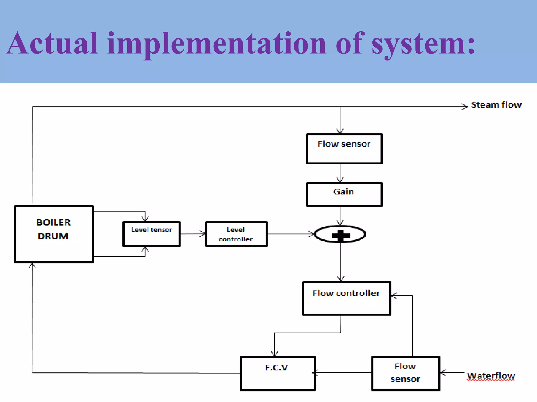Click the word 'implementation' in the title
tap(217, 43)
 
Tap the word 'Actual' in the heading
tap(52, 43)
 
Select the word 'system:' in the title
tap(423, 43)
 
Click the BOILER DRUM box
tap(54, 234)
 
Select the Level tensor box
tap(152, 234)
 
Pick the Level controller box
tap(236, 234)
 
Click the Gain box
tap(344, 194)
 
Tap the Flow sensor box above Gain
tap(344, 149)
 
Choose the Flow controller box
tap(347, 298)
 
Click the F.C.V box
tap(278, 373)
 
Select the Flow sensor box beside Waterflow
tap(406, 373)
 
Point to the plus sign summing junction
tap(340, 234)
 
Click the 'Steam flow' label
tap(496, 105)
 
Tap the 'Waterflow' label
tap(491, 376)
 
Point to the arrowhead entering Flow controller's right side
tap(394, 296)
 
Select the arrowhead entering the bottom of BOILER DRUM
tap(32, 265)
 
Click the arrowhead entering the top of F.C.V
tap(275, 354)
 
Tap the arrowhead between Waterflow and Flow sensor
tap(443, 373)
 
